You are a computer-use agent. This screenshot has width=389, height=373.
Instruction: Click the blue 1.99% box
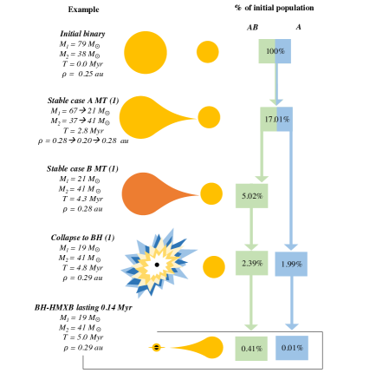290,263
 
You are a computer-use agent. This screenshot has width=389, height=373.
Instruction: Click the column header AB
253,27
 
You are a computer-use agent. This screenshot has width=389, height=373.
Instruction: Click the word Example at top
83,8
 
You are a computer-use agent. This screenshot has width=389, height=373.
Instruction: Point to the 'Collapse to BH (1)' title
76,236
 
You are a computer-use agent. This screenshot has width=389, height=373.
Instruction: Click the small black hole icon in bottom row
156,347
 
